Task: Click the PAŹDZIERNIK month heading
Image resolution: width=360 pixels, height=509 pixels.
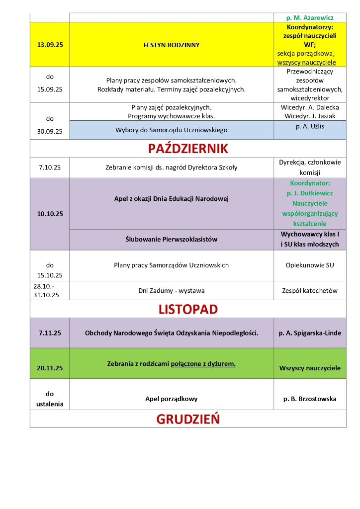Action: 187,148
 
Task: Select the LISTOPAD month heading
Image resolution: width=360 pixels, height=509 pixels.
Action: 187,309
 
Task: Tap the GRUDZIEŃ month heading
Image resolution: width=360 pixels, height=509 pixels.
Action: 187,419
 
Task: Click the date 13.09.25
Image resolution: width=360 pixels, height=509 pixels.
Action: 50,45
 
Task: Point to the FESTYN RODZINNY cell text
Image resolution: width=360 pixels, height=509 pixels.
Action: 172,45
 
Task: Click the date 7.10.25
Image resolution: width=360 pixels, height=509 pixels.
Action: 50,167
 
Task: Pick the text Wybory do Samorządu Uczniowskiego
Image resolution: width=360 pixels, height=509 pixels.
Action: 172,130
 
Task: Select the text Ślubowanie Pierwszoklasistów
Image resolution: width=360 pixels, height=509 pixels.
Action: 172,240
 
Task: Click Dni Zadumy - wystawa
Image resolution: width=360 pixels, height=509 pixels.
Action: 172,290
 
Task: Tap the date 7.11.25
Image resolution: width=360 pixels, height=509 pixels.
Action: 50,333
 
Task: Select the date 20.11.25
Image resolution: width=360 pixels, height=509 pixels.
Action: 50,368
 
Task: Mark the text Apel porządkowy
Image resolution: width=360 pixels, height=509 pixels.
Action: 172,399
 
